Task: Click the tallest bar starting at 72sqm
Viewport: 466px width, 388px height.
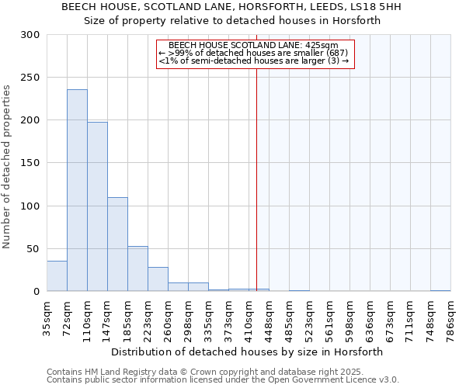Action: click(77, 190)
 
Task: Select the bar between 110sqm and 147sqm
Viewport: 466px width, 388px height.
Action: click(97, 206)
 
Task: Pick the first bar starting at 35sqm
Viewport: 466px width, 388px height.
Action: click(57, 276)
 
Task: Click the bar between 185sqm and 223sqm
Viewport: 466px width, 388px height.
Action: click(137, 268)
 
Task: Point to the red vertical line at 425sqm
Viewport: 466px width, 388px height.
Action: click(256, 178)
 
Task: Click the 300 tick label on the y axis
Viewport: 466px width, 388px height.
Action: click(30, 35)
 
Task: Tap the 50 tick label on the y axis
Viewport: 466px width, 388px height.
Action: click(33, 249)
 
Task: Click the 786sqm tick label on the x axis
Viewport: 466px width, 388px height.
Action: click(450, 317)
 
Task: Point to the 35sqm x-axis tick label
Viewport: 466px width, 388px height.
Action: click(47, 317)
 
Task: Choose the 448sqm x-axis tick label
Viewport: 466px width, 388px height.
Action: click(269, 317)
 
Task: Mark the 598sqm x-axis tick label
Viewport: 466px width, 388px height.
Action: click(349, 317)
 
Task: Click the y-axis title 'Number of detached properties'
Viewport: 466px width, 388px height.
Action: click(8, 167)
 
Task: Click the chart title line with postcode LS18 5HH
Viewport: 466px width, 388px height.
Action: click(232, 8)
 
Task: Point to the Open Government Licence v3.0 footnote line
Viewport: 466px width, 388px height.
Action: click(223, 380)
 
